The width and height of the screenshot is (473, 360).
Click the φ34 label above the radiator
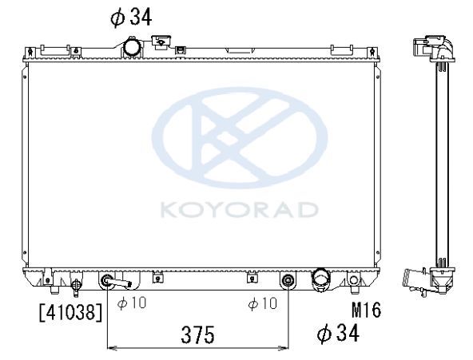pos(131,18)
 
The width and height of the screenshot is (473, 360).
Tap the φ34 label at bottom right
pos(339,333)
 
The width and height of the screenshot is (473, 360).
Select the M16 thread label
pos(366,310)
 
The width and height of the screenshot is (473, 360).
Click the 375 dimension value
pos(197,334)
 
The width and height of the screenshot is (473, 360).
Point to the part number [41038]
pos(71,312)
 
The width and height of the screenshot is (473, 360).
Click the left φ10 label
pos(132,303)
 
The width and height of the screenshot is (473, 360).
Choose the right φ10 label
pos(262,303)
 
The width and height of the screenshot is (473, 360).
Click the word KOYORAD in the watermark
pos(239,210)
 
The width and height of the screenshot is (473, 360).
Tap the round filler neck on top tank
pos(131,47)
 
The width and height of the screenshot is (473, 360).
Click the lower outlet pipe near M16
pos(321,279)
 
